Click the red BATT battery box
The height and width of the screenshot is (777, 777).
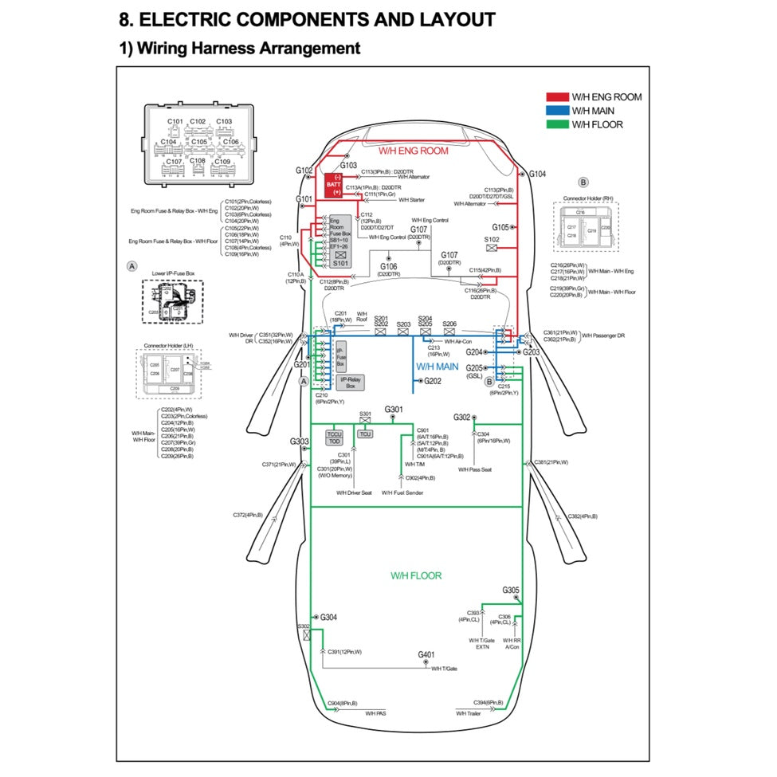[333, 184]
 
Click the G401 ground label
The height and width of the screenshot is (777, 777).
[426, 655]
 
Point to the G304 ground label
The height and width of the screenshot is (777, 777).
[329, 618]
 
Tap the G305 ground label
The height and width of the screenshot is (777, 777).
[511, 591]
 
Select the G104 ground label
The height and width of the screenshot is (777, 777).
[538, 174]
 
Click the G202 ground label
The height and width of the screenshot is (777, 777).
[433, 382]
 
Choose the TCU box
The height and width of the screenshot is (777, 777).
[365, 434]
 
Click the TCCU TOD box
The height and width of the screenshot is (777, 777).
[335, 438]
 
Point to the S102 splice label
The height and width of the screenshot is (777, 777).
[492, 239]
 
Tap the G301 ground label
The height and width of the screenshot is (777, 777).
[394, 410]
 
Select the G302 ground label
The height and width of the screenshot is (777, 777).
[462, 418]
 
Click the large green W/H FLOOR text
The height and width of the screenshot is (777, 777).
[415, 575]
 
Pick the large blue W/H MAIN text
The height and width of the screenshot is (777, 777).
[438, 367]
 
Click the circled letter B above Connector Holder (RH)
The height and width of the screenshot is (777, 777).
[583, 182]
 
